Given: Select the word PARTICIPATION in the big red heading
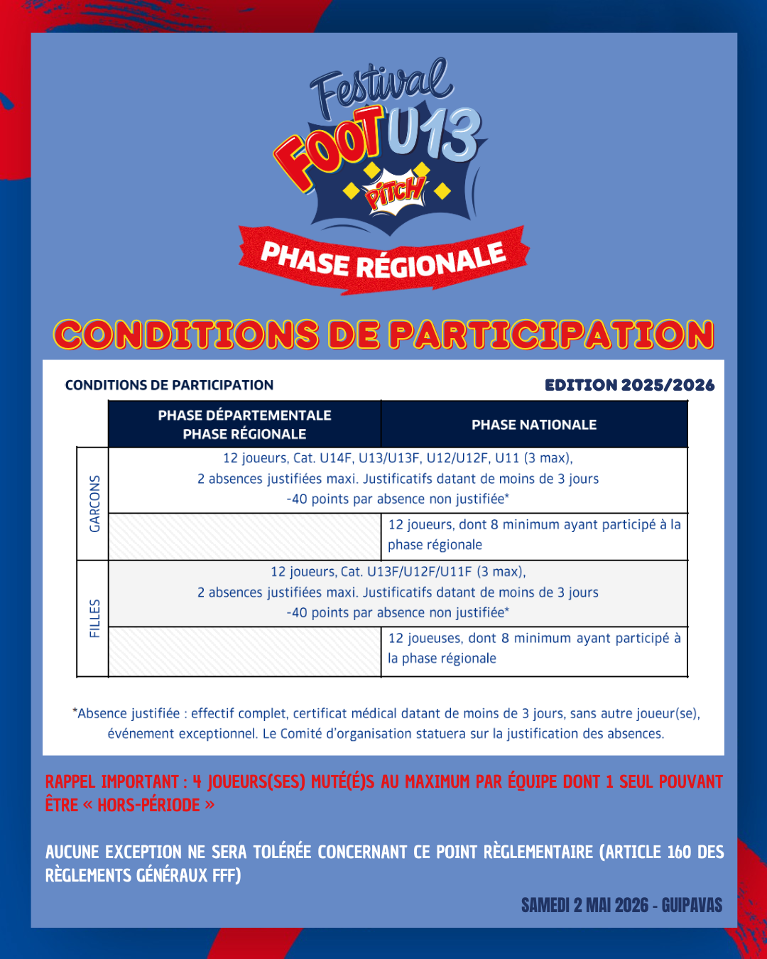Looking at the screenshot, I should (551, 335).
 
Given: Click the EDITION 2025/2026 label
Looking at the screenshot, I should (629, 385).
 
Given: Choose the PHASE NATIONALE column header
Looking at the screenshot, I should (534, 425).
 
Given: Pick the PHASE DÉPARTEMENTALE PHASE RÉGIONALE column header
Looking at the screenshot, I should (244, 425).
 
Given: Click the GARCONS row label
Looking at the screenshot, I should (94, 504).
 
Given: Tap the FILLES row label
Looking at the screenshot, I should (94, 618).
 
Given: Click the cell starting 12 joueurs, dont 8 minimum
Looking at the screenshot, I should (534, 535).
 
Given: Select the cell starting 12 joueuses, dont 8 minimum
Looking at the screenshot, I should (534, 649).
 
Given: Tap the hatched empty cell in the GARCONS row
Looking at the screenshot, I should (244, 536).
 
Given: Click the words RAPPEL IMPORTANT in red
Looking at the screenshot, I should (112, 782).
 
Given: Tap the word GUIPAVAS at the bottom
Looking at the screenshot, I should (692, 906).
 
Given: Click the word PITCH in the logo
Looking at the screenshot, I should (395, 192).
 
